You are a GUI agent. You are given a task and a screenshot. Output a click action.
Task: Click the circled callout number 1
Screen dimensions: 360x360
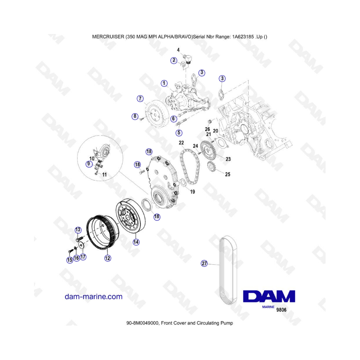coord(164,83)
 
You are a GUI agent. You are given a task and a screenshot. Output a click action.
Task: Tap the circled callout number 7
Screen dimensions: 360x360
coord(140,99)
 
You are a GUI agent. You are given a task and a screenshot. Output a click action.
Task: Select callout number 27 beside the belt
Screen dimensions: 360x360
coord(204,263)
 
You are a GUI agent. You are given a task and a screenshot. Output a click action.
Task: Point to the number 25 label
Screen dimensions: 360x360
coord(228,174)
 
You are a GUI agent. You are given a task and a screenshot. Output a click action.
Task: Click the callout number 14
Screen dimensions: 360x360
coord(136,242)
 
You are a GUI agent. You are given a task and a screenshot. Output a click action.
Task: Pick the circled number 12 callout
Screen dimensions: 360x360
coord(108,258)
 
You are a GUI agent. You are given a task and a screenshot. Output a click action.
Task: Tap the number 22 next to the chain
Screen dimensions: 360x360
coord(181,143)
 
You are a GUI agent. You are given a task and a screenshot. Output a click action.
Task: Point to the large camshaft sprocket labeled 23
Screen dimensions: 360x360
coord(208,150)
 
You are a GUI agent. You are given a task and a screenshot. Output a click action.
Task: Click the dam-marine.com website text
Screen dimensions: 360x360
coord(94,296)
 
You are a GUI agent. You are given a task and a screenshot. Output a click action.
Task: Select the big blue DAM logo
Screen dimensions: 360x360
coord(269,296)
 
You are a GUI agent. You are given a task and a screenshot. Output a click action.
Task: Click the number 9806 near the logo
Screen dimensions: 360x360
coord(281,310)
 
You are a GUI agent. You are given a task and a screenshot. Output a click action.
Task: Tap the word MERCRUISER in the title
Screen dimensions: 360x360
coord(108,37)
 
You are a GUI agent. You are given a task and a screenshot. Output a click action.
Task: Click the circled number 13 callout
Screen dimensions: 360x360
coord(78,230)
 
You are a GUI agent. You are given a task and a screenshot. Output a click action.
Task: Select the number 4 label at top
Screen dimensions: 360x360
coord(178,50)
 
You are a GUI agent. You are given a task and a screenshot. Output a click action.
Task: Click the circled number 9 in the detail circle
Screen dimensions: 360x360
coord(89,164)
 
